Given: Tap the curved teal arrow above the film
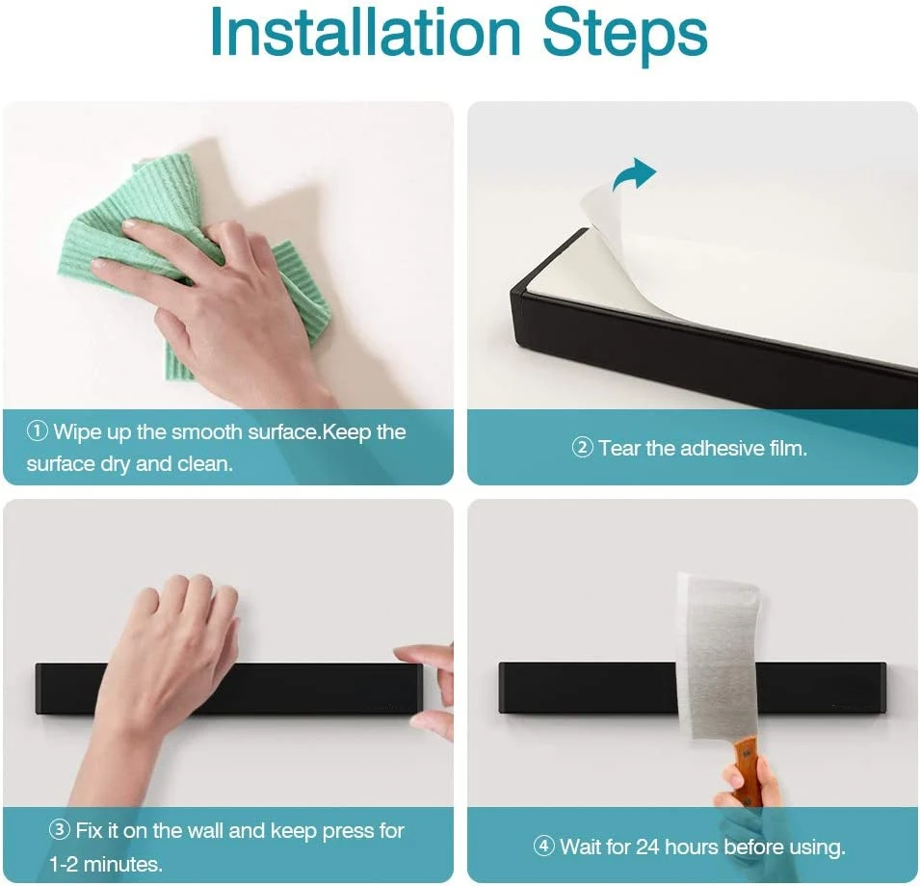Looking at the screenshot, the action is pos(634,173).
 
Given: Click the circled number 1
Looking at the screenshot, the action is pos(38,431).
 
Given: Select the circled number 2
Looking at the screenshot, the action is pos(582,448).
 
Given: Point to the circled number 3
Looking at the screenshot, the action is pos(60,830).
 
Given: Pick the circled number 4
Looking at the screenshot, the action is pos(543,847).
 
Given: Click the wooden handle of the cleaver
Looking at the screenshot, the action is pos(744,769).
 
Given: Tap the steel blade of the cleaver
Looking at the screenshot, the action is pos(717,656).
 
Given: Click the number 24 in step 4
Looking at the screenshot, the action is pos(647,847).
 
